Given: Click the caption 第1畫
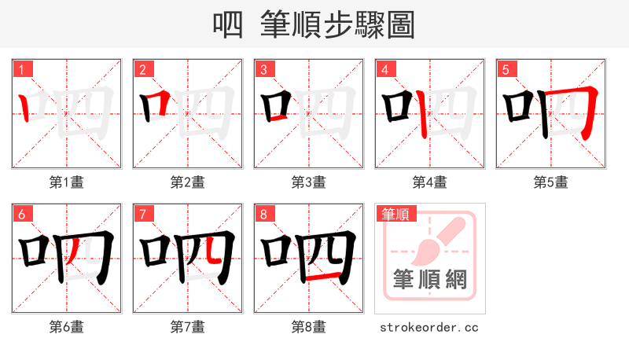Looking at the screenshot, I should coord(67,182).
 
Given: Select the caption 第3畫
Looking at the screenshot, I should coord(309,182).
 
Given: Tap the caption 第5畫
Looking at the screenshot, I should coord(551,182).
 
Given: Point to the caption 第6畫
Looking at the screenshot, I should coord(67,327).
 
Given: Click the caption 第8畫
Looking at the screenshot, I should coord(309,327).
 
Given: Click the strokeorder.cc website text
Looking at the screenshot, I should coord(429,327).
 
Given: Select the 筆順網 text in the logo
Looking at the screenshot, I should coord(430,280).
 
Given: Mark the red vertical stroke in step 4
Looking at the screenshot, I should coord(422,115).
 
